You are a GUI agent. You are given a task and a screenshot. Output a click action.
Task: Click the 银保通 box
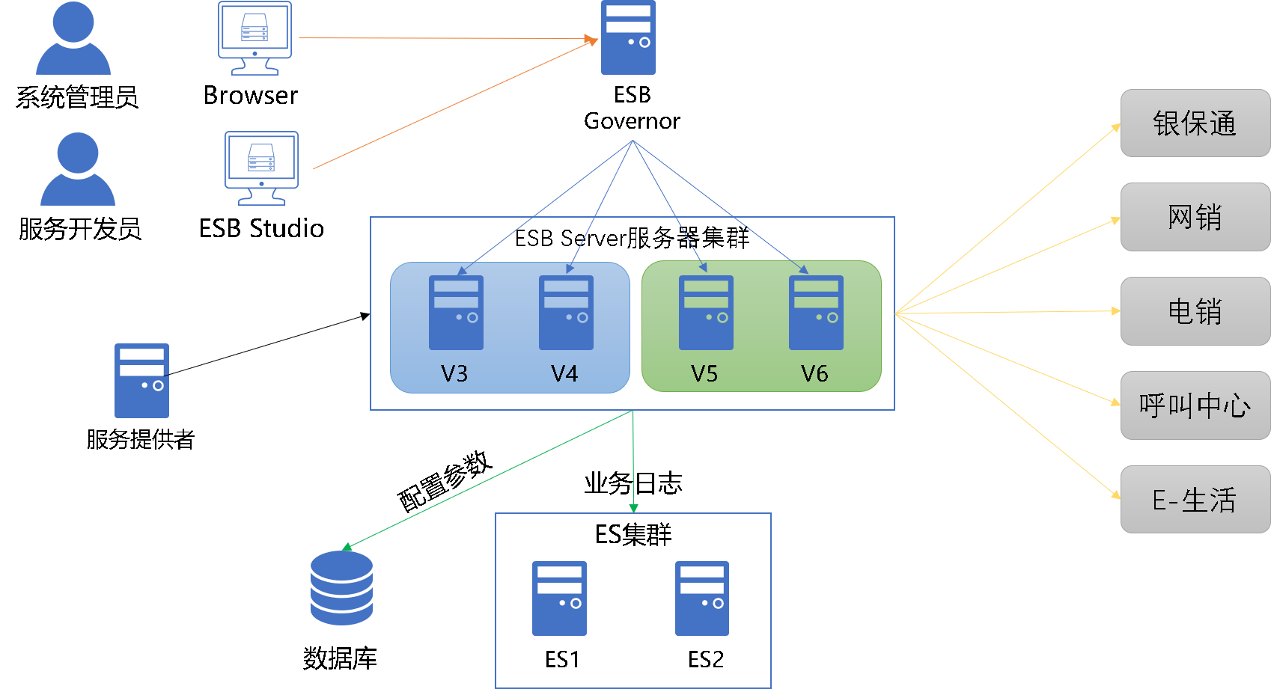coord(1195,123)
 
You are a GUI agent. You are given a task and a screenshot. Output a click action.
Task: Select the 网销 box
coord(1195,217)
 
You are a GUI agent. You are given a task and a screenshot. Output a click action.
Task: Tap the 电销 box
coord(1195,311)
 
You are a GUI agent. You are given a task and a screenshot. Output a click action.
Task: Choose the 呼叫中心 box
coord(1195,405)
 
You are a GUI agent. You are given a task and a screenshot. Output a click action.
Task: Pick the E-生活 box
coord(1195,500)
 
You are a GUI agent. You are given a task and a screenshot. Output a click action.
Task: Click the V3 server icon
coord(456,313)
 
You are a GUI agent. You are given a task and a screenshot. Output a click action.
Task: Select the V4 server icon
coord(566,313)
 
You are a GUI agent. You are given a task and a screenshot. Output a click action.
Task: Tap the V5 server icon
coord(706,313)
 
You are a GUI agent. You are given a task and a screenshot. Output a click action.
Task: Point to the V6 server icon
coord(816,313)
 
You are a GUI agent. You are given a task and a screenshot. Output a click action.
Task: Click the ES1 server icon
coord(559,598)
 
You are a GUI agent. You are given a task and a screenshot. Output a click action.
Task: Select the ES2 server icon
coord(702,598)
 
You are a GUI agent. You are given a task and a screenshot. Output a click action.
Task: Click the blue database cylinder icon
coord(341,588)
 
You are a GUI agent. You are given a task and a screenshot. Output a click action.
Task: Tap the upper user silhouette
coord(73,39)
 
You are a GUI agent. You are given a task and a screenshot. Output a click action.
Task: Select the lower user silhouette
coord(78,170)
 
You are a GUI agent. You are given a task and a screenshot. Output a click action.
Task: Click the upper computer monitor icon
coord(254,38)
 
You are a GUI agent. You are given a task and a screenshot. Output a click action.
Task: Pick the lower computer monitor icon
coord(261,168)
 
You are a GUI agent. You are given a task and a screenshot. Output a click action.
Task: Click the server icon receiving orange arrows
coord(628,37)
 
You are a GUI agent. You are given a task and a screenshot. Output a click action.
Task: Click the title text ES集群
coord(633,535)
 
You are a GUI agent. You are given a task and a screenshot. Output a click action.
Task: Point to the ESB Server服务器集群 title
coord(632,238)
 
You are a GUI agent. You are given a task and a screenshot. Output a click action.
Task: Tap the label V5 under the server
coord(704,373)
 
